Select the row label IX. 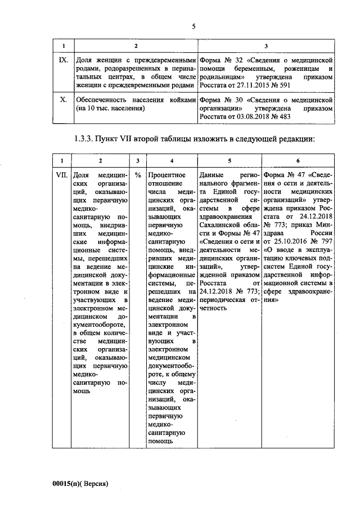click(64, 59)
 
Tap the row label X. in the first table click(64, 100)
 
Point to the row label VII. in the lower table click(63, 175)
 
